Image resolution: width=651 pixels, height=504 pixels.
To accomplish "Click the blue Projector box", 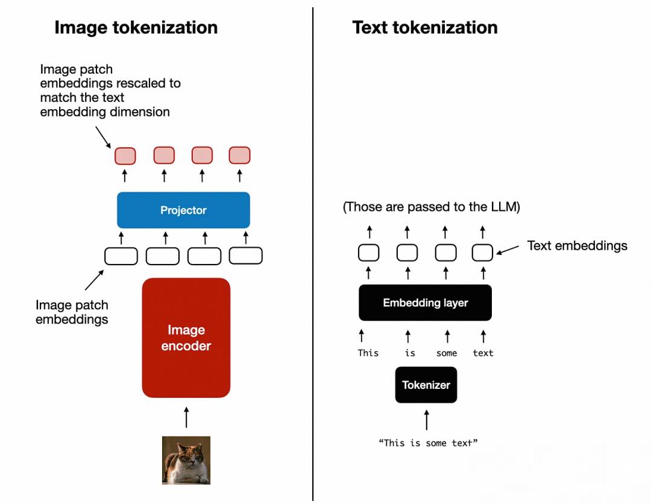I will [x=183, y=210].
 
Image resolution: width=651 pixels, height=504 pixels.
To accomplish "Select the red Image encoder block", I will [x=186, y=338].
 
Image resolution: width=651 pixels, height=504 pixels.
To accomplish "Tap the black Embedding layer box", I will [x=425, y=303].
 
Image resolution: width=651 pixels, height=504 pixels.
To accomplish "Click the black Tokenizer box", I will [x=426, y=385].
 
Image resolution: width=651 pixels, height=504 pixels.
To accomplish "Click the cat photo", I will [x=186, y=460].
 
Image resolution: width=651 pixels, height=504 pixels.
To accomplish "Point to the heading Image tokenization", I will [x=136, y=27].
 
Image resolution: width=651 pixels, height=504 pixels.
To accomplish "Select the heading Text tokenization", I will [x=425, y=27].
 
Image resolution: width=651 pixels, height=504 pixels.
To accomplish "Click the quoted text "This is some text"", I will [x=428, y=443].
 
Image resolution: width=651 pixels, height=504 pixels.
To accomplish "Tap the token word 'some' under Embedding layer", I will [x=447, y=353].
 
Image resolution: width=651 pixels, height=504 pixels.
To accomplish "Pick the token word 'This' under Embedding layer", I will [x=368, y=353].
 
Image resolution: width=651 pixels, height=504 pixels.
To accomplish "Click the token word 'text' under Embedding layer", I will [x=483, y=353].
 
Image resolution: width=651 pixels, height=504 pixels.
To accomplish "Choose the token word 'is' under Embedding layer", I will [x=410, y=353].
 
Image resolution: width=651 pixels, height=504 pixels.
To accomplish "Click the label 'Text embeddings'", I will [x=577, y=245].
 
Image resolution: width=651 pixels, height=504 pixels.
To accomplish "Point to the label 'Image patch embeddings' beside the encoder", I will [x=72, y=312].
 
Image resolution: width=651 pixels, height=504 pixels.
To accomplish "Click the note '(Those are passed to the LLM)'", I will [x=431, y=207].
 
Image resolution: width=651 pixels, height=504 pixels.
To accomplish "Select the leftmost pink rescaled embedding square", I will [x=125, y=156].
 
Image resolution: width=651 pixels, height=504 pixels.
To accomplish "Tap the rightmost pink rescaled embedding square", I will [x=239, y=156].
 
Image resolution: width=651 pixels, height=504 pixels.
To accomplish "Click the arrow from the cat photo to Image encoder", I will [x=186, y=417].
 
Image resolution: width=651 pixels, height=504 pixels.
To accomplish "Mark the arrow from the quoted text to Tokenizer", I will [x=427, y=420].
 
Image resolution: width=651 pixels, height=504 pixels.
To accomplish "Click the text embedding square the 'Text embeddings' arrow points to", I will [x=483, y=253].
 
